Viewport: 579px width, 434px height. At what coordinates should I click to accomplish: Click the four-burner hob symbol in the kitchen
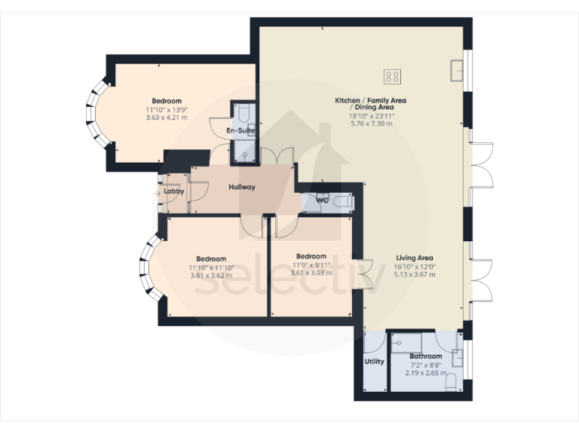(392, 75)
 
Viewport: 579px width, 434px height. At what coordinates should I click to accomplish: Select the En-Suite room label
(240, 130)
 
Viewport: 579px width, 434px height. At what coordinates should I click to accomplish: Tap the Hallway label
(242, 187)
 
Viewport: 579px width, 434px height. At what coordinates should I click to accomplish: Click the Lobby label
(174, 191)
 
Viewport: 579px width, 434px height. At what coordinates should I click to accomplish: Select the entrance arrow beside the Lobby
(157, 192)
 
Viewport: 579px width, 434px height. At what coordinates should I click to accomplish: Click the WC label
(323, 200)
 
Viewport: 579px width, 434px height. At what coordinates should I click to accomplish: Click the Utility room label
(374, 362)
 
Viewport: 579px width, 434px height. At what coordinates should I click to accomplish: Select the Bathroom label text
(426, 356)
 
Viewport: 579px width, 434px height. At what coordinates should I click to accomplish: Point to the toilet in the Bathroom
(451, 382)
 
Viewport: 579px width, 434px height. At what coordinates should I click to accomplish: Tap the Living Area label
(415, 258)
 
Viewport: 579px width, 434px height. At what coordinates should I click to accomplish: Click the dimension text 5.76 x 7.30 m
(370, 124)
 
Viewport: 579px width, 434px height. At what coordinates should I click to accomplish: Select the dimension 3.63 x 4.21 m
(167, 118)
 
